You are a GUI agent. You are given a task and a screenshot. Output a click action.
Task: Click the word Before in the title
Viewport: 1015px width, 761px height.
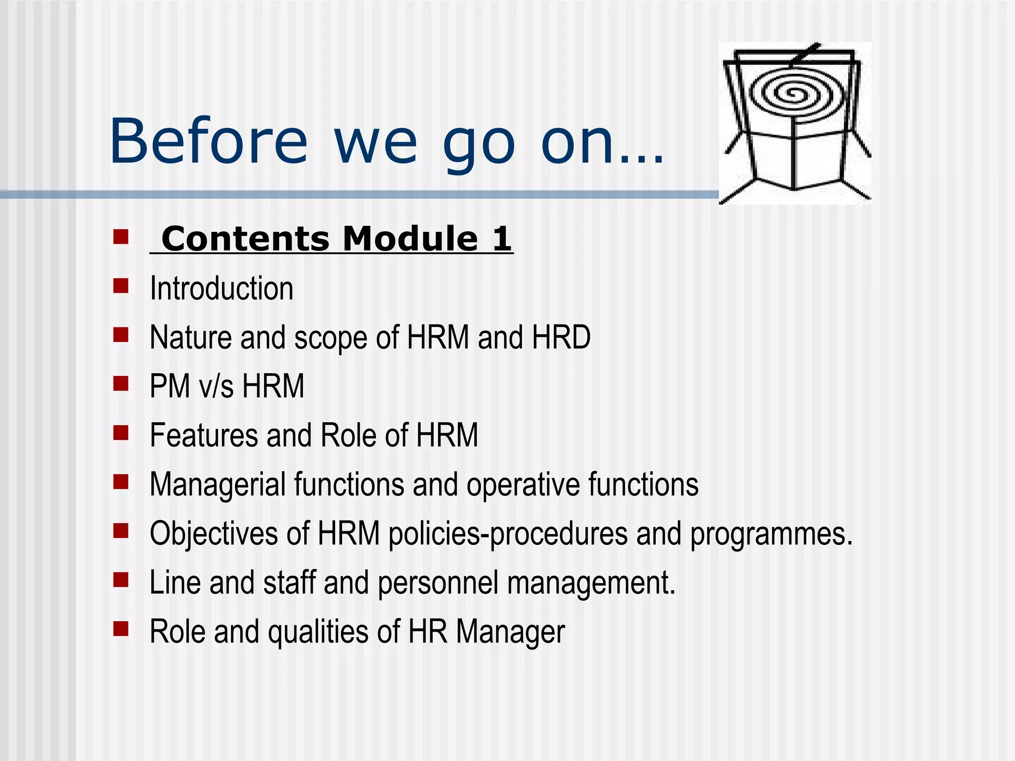click(208, 141)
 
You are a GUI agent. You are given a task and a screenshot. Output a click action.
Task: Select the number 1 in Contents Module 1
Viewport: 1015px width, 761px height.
click(501, 239)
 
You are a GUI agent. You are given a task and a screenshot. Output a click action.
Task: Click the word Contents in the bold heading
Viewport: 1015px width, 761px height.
click(245, 239)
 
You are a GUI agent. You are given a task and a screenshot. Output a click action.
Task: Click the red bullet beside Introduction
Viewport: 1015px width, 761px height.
click(120, 286)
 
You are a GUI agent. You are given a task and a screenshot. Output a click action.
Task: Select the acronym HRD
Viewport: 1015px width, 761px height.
click(561, 337)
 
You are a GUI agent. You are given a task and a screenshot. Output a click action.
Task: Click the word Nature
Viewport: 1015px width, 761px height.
click(190, 337)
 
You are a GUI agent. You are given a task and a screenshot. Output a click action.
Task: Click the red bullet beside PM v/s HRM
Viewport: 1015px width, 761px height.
click(120, 383)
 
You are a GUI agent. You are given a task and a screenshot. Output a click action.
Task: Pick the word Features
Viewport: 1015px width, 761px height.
click(204, 435)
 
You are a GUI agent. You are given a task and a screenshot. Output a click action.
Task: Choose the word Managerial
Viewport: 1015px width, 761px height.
click(218, 485)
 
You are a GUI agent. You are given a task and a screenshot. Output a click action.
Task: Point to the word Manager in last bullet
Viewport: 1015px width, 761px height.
click(510, 633)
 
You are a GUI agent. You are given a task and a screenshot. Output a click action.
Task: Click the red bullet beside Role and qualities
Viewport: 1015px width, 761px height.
click(120, 629)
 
